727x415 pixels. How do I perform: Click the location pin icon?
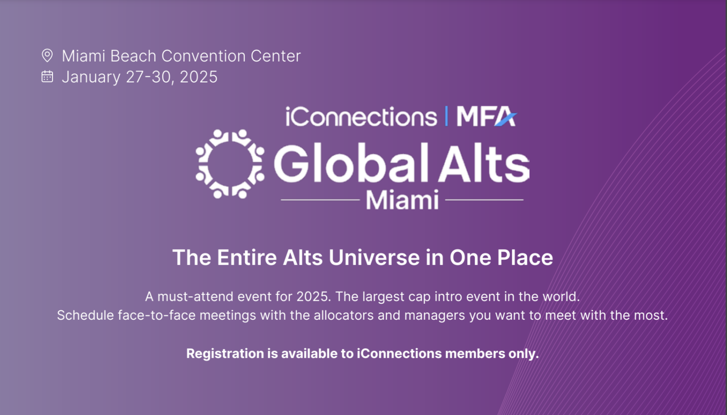point(47,55)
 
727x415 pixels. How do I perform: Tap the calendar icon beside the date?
point(47,76)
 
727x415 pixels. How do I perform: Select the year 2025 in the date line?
point(198,77)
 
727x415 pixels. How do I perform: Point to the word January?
point(91,77)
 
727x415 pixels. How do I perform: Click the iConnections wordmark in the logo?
point(361,117)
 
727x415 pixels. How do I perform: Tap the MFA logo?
point(486,117)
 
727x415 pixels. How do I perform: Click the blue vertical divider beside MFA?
point(446,117)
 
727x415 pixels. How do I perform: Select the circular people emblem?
point(230,164)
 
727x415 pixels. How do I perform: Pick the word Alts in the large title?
point(484,163)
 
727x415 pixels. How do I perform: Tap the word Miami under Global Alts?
point(402,200)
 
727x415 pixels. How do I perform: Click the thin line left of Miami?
point(320,200)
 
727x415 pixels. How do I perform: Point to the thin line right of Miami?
point(484,200)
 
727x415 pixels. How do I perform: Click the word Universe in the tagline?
point(374,258)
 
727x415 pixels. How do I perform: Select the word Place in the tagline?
point(525,258)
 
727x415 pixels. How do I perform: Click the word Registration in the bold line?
point(225,354)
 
